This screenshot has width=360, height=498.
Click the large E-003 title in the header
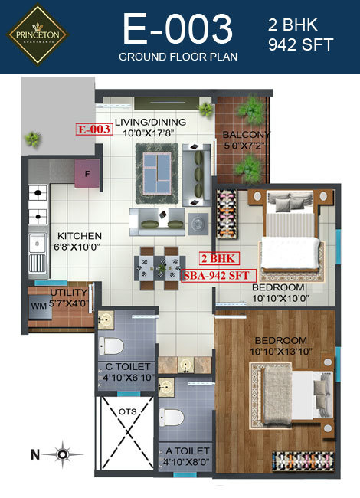pos(178,30)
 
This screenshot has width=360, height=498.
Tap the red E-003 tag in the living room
pos(93,129)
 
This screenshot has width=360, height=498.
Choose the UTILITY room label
pos(68,293)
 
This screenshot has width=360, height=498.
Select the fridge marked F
pos(87,174)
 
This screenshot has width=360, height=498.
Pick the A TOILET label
pos(184,452)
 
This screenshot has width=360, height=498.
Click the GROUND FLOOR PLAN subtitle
pos(178,57)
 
